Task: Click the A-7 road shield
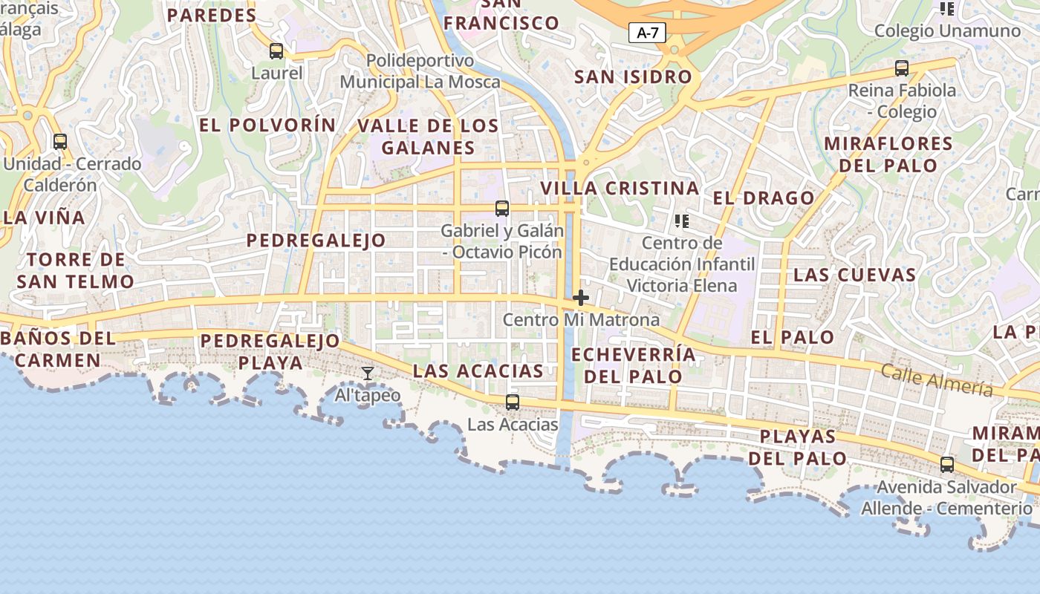(648, 33)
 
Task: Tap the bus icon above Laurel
(276, 51)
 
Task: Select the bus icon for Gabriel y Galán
(502, 209)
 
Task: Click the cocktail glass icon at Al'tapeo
(368, 373)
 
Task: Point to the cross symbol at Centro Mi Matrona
(581, 298)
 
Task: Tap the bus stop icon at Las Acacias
(513, 402)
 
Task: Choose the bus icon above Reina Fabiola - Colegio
(902, 68)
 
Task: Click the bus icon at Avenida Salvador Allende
(947, 465)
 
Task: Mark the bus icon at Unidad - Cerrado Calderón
(60, 141)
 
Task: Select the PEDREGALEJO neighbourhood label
(316, 241)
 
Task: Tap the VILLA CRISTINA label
(620, 189)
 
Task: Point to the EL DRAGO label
(764, 198)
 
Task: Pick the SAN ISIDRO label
(633, 76)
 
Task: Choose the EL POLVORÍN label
(267, 125)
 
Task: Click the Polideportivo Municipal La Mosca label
(420, 71)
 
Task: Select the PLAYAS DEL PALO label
(798, 447)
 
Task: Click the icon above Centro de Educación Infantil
(681, 221)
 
